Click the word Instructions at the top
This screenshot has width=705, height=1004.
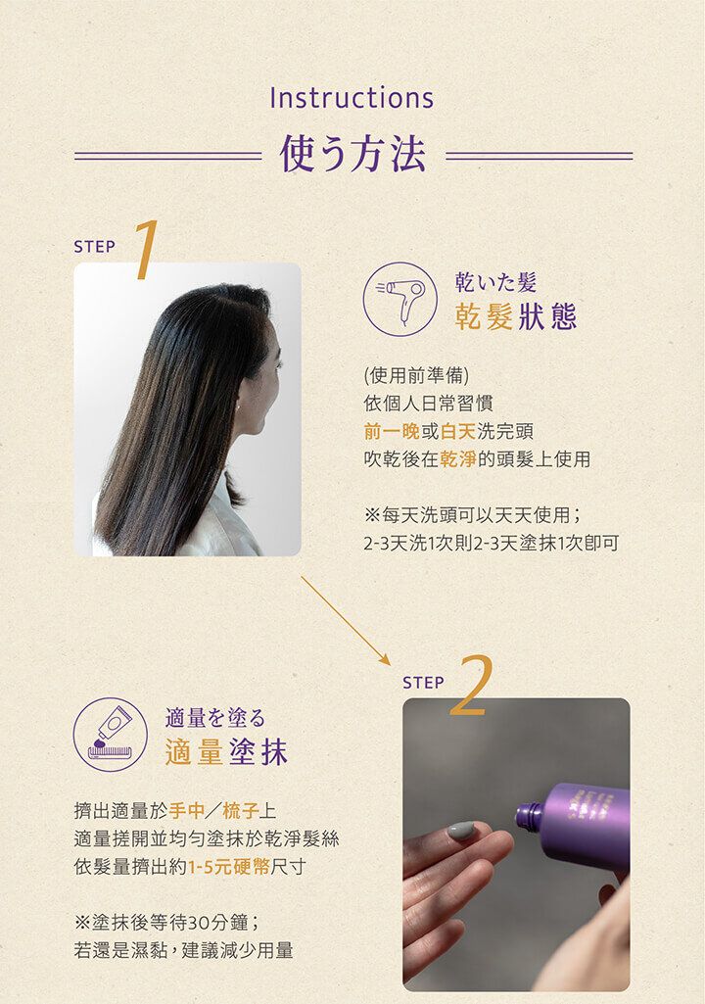pyautogui.click(x=352, y=97)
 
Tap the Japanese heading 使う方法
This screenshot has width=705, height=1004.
pyautogui.click(x=352, y=155)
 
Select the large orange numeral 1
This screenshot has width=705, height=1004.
pyautogui.click(x=146, y=250)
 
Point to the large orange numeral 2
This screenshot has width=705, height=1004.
pyautogui.click(x=472, y=685)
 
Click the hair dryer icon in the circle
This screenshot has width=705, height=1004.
pyautogui.click(x=400, y=299)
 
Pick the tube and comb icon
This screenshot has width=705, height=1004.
pyautogui.click(x=110, y=734)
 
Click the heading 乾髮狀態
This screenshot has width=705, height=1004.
pyautogui.click(x=516, y=316)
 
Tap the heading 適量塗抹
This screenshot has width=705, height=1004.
pyautogui.click(x=226, y=751)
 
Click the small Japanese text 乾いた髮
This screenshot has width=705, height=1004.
pyautogui.click(x=495, y=282)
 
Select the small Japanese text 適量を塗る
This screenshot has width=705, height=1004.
pyautogui.click(x=215, y=718)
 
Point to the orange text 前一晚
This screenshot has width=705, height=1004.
pyautogui.click(x=392, y=432)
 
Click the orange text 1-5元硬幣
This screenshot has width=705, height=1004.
pyautogui.click(x=228, y=867)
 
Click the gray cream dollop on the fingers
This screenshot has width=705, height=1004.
pyautogui.click(x=460, y=831)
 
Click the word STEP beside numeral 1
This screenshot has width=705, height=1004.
pyautogui.click(x=95, y=247)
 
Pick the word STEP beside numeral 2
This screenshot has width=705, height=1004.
pyautogui.click(x=423, y=683)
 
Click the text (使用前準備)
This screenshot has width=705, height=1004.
pyautogui.click(x=416, y=375)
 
